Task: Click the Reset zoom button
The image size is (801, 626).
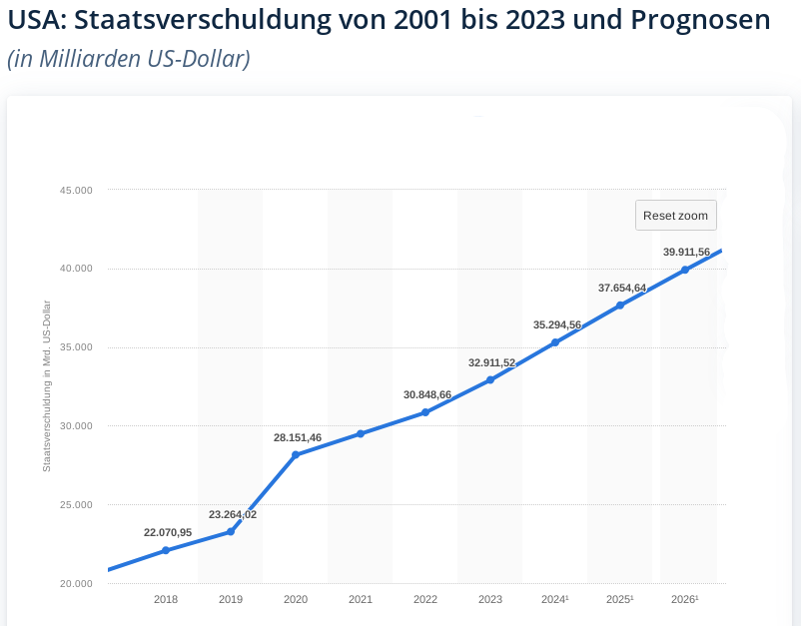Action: (675, 216)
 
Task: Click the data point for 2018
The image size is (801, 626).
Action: (166, 550)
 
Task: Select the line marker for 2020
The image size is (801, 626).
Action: (296, 455)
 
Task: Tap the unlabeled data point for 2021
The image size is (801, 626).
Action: (361, 433)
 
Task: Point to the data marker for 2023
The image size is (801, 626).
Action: (490, 379)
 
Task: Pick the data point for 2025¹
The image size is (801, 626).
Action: (620, 306)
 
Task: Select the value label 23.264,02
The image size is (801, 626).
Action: (233, 514)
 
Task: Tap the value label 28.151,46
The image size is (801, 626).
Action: (298, 437)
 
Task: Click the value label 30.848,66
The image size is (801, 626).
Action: (427, 394)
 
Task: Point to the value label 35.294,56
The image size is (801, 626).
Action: (557, 324)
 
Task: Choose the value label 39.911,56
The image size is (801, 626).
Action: (686, 252)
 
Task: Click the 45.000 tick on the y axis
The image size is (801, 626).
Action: (77, 190)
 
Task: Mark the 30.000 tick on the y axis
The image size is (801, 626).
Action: (77, 426)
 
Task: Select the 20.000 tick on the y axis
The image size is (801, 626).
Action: (77, 583)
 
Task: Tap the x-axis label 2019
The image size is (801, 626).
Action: (231, 599)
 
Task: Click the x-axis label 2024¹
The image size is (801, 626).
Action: (555, 599)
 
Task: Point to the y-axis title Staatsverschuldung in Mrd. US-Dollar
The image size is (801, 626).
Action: (47, 385)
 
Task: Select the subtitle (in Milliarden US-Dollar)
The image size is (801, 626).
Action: (128, 59)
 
